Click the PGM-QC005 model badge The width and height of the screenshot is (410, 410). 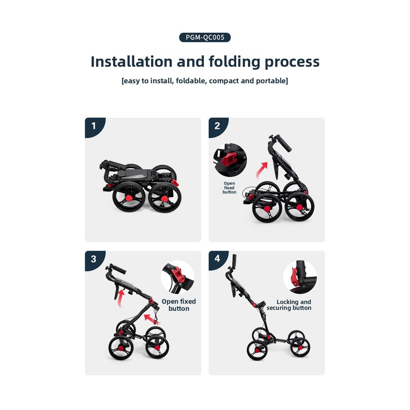205,37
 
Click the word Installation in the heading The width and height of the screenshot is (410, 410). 131,62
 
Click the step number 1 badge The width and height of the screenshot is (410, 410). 94,126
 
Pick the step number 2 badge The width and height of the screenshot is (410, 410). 217,126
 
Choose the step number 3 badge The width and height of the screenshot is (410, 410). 94,259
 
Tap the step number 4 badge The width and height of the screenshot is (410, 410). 217,259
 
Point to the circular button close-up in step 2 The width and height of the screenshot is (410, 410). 230,160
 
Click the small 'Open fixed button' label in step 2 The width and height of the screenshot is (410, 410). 229,188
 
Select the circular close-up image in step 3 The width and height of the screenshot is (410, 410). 177,277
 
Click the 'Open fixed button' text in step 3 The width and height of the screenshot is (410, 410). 179,305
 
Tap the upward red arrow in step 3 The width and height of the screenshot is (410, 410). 120,297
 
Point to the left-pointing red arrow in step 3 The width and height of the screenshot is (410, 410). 152,319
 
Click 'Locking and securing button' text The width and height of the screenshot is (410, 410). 289,305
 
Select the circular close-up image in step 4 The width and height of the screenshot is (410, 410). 300,277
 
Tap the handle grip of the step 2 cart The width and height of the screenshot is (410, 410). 284,144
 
